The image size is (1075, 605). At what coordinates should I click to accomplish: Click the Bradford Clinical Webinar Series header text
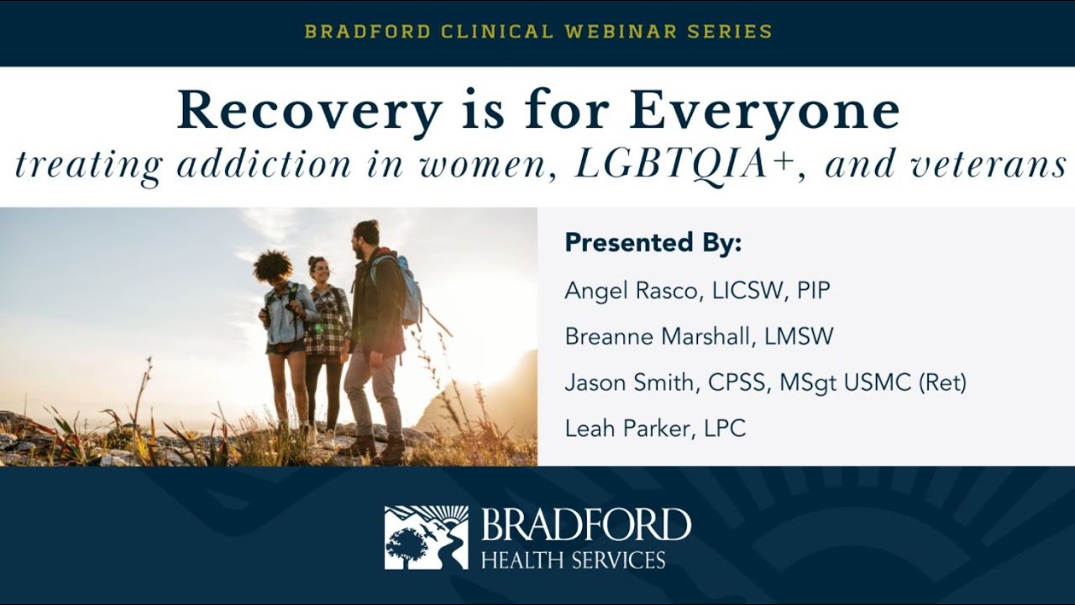[537, 32]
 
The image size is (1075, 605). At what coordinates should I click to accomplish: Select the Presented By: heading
[653, 243]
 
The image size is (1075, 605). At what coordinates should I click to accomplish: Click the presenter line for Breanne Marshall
[699, 337]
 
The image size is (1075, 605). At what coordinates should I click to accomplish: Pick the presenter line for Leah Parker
[655, 429]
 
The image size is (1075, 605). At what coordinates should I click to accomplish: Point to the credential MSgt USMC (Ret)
[873, 383]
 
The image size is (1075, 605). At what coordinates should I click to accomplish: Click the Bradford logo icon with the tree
[426, 538]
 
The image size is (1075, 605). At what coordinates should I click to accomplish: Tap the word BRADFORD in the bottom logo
[585, 526]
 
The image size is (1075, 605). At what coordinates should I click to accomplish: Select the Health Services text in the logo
[573, 560]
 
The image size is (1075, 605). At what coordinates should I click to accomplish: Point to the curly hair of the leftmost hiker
[273, 266]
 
